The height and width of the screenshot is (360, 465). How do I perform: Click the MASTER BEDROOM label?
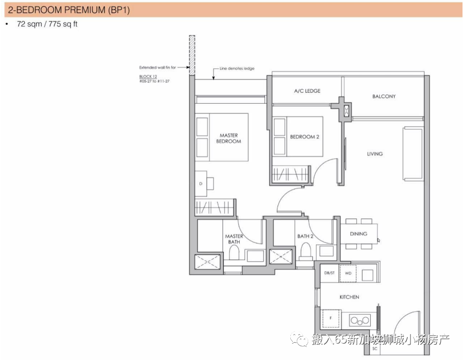pyautogui.click(x=228, y=139)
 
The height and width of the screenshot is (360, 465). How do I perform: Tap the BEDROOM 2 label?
pyautogui.click(x=305, y=137)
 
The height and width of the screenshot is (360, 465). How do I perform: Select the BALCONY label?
pyautogui.click(x=384, y=96)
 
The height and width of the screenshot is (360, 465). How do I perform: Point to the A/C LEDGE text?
pyautogui.click(x=307, y=91)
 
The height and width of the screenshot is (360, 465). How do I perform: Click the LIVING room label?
pyautogui.click(x=375, y=154)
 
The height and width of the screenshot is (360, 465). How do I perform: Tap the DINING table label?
pyautogui.click(x=358, y=234)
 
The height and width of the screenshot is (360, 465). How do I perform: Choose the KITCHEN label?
pyautogui.click(x=349, y=297)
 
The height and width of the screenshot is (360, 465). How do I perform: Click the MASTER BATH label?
pyautogui.click(x=234, y=239)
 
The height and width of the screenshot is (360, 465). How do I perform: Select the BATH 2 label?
pyautogui.click(x=305, y=236)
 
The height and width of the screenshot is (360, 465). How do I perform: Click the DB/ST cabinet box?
pyautogui.click(x=329, y=273)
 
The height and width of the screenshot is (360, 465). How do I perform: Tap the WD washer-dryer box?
pyautogui.click(x=348, y=273)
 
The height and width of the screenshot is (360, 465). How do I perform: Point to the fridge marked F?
pyautogui.click(x=331, y=319)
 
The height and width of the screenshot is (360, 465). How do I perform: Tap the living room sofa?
pyautogui.click(x=413, y=153)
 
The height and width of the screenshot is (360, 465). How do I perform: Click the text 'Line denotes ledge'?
pyautogui.click(x=237, y=68)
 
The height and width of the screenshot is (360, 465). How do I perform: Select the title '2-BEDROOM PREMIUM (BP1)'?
pyautogui.click(x=69, y=10)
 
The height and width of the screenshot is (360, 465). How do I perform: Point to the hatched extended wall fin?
pyautogui.click(x=192, y=55)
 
